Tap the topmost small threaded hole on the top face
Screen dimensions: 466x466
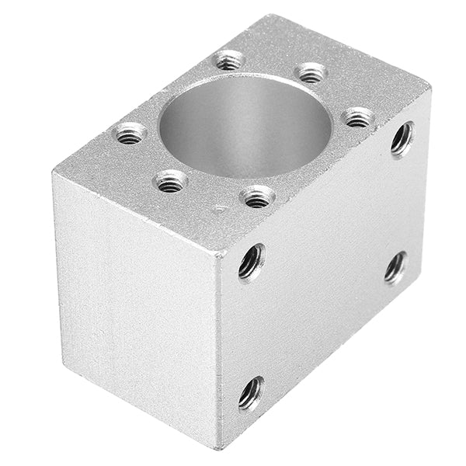pos(230,59)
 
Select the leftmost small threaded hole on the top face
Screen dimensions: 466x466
pos(131,134)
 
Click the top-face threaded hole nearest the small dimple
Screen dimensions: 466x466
pos(259,197)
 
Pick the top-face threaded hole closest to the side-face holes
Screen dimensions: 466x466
pos(358,118)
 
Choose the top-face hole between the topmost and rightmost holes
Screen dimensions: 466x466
pos(311,74)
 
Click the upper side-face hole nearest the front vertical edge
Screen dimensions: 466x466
pos(251,261)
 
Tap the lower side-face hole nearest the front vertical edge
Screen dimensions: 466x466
pos(250,393)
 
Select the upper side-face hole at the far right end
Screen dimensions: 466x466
pos(402,139)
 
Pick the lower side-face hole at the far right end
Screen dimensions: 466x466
pos(395,267)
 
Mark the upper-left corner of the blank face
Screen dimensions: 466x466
pos(54,170)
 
